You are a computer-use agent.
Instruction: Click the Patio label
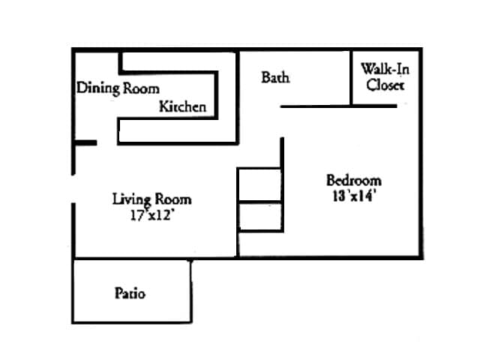[x=130, y=292]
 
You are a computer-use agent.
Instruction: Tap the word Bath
[x=275, y=77]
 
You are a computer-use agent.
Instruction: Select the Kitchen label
[x=182, y=106]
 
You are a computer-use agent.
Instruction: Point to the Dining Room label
[x=118, y=88]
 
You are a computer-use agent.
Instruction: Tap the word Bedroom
[x=353, y=180]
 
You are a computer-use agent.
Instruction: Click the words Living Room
[x=151, y=199]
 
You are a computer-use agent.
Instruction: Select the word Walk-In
[x=385, y=70]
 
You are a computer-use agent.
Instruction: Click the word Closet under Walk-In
[x=385, y=85]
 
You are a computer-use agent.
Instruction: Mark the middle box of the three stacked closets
[x=259, y=215]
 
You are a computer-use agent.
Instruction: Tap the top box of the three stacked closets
[x=259, y=184]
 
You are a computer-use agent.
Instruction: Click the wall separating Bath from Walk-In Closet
[x=352, y=78]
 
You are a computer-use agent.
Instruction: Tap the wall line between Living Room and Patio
[x=132, y=259]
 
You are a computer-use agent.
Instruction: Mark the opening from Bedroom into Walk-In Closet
[x=408, y=106]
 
